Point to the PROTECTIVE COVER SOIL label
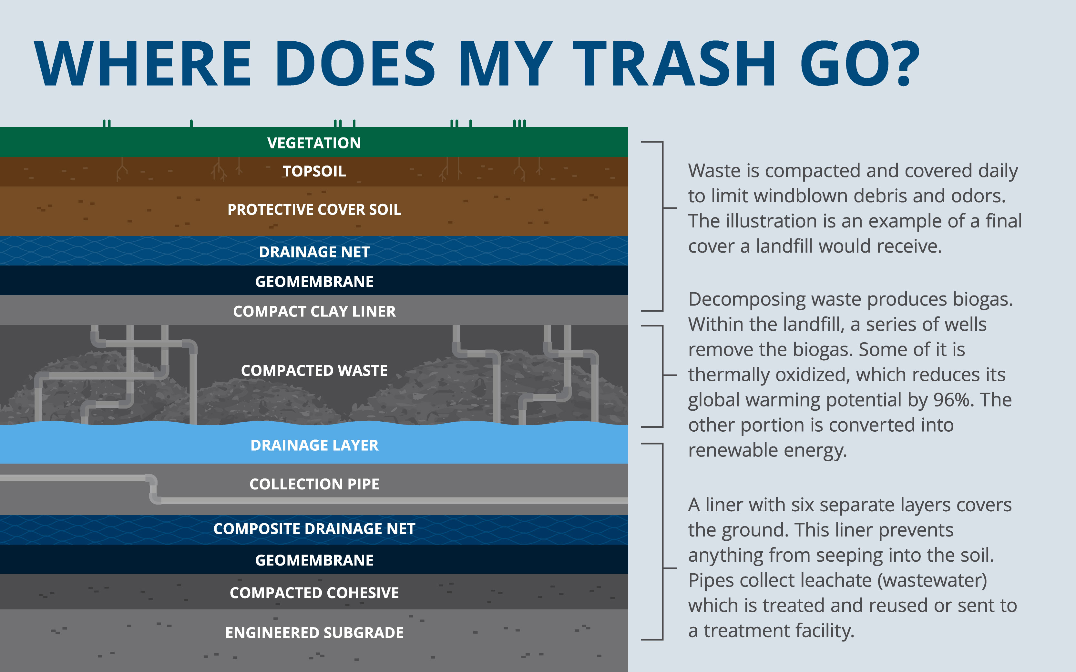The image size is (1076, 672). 314,210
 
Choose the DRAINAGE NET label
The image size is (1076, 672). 314,252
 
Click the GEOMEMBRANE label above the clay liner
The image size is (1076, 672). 314,282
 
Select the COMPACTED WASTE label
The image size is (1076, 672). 314,371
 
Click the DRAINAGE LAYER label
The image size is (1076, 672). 314,445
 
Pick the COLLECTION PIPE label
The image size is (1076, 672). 314,484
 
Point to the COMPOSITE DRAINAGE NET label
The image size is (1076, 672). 314,529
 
